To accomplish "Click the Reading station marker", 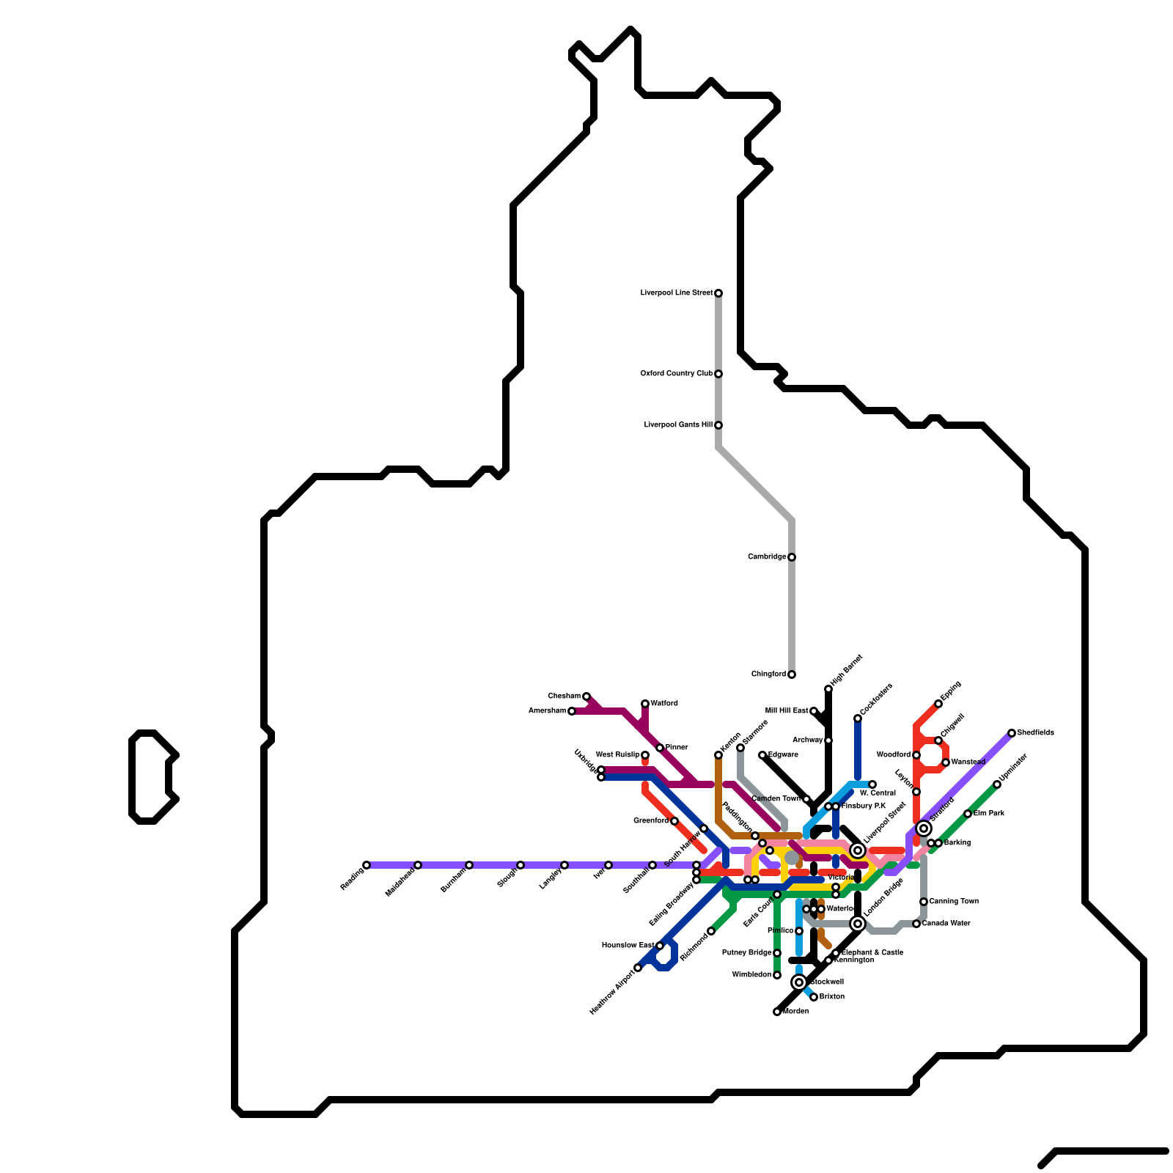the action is click(x=367, y=865).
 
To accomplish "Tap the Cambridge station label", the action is click(x=767, y=557).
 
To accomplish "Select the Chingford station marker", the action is click(x=792, y=674).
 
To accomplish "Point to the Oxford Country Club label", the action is click(x=676, y=374).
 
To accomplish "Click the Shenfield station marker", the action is click(x=1012, y=733).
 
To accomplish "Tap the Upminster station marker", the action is click(x=997, y=784).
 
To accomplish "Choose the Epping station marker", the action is click(x=938, y=704).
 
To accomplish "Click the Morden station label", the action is click(x=796, y=1012).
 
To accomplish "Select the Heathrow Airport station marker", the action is click(x=638, y=968).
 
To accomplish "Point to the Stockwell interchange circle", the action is click(x=799, y=982).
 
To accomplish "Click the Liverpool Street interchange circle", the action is click(x=858, y=850).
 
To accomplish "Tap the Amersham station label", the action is click(x=547, y=711).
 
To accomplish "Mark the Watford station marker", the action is click(x=645, y=704).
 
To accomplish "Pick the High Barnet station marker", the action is click(x=828, y=689).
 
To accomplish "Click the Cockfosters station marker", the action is click(x=858, y=718).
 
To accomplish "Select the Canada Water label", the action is click(x=946, y=924).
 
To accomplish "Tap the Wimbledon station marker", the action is click(x=777, y=975).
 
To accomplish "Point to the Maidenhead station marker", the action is click(x=418, y=865).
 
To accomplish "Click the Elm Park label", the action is click(x=989, y=814).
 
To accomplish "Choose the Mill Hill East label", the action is click(x=786, y=711).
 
